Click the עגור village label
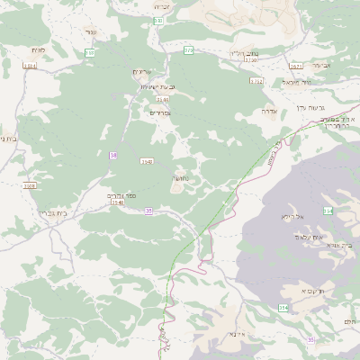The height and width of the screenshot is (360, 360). coord(91,31)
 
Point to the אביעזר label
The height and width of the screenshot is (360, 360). coord(345,65)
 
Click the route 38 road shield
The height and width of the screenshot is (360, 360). coord(113,156)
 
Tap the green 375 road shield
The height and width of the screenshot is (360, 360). coord(189,51)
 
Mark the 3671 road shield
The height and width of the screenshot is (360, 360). coord(296,66)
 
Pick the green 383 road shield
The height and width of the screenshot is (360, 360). coord(90,53)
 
